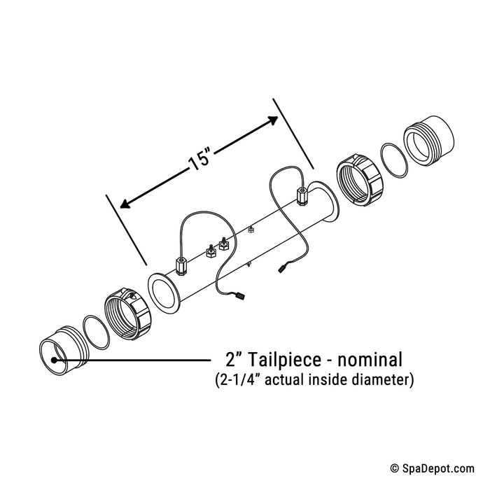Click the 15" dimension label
200,160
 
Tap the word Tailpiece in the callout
284,359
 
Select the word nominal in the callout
370,359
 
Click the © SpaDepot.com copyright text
433,468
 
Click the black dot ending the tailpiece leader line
54,360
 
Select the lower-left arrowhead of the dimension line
125,204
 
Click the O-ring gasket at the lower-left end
96,332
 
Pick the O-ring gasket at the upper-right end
395,160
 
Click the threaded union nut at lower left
128,314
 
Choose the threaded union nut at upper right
360,180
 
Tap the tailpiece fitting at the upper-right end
428,139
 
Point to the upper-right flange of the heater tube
323,202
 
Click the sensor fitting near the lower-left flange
181,265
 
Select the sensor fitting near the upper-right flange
301,196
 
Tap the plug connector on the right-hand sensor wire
283,268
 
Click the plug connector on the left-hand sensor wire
239,295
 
